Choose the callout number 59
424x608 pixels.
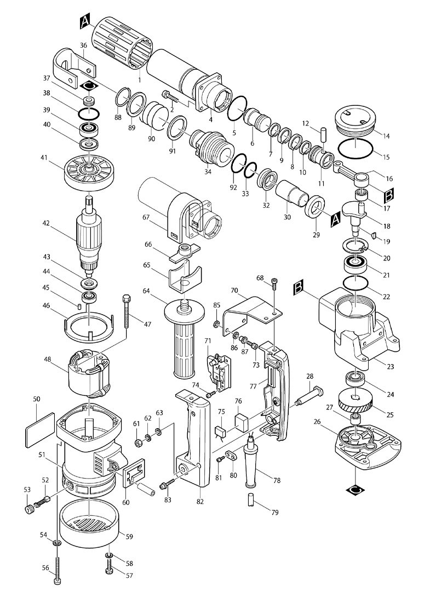point(130,536)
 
